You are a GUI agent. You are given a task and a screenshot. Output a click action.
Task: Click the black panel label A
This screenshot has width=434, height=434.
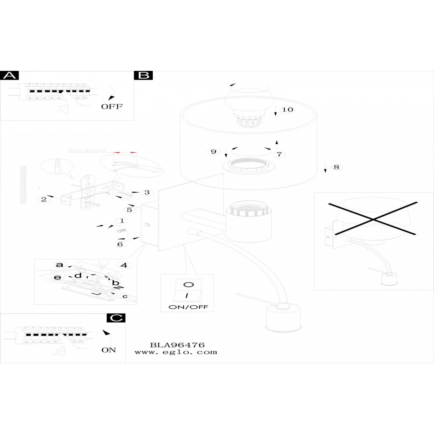click(10, 76)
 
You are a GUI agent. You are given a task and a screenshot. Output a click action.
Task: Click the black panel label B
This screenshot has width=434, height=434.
click(144, 76)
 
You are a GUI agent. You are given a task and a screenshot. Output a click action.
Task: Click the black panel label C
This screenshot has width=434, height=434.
click(116, 318)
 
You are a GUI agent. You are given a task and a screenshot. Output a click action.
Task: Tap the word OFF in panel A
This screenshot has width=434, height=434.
click(112, 106)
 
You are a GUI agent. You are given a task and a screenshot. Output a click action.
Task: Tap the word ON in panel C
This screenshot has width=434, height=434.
click(108, 350)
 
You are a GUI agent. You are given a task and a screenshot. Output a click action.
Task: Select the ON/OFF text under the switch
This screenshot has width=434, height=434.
click(188, 307)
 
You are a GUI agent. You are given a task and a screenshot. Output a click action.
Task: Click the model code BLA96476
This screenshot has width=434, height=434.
click(177, 345)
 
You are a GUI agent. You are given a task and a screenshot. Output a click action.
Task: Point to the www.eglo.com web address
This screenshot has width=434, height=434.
click(176, 352)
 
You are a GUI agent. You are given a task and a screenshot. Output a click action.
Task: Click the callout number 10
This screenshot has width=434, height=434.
click(288, 109)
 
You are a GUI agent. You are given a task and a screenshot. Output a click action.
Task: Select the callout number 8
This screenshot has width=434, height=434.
click(336, 167)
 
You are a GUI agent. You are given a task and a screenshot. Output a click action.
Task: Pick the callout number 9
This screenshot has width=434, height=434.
click(214, 152)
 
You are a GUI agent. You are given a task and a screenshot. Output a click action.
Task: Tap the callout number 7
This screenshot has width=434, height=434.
click(279, 154)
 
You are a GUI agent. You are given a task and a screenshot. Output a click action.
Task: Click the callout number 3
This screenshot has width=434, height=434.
click(147, 192)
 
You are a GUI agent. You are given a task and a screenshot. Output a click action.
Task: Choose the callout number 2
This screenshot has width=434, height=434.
click(44, 199)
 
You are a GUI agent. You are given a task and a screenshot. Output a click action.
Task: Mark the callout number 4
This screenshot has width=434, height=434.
click(124, 265)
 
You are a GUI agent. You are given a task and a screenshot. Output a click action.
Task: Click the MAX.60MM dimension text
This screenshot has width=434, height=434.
click(87, 150)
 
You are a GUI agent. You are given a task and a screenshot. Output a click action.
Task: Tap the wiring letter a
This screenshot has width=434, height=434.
click(59, 264)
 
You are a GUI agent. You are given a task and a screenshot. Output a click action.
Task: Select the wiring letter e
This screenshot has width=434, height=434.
click(58, 277)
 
